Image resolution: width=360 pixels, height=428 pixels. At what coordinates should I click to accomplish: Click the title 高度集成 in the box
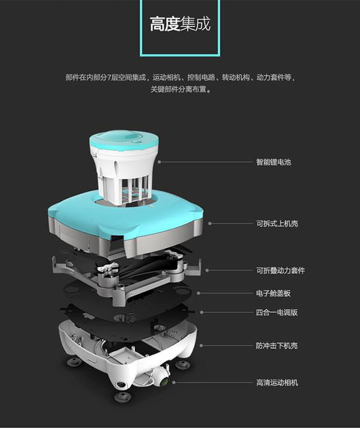[180, 24]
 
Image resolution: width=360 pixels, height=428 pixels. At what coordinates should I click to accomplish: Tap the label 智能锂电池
[274, 162]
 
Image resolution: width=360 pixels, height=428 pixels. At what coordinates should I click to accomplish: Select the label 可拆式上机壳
[277, 223]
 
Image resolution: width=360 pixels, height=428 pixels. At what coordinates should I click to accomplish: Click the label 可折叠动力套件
[281, 271]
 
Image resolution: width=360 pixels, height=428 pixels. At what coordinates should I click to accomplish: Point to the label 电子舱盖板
[274, 293]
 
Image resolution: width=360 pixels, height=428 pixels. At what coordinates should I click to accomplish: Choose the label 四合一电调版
[277, 312]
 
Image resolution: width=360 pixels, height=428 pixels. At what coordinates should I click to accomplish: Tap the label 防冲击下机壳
[277, 346]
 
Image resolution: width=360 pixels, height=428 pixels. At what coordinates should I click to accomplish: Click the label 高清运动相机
[277, 382]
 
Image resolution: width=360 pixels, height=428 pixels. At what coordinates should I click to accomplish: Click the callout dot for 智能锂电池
[160, 162]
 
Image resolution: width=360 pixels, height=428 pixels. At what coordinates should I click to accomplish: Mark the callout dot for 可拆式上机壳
[209, 223]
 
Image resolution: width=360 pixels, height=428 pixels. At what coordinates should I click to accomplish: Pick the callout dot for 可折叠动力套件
[207, 270]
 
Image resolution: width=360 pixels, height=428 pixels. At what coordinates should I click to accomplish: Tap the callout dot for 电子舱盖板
[199, 293]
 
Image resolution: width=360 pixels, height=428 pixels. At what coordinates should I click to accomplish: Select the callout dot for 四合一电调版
[202, 312]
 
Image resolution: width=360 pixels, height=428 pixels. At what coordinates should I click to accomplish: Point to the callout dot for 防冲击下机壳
[201, 345]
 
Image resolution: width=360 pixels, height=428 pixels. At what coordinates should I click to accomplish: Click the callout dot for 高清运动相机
[174, 382]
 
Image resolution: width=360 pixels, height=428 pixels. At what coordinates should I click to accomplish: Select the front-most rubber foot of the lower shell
[123, 397]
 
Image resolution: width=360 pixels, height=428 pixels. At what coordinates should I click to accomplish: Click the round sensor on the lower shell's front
[121, 385]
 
